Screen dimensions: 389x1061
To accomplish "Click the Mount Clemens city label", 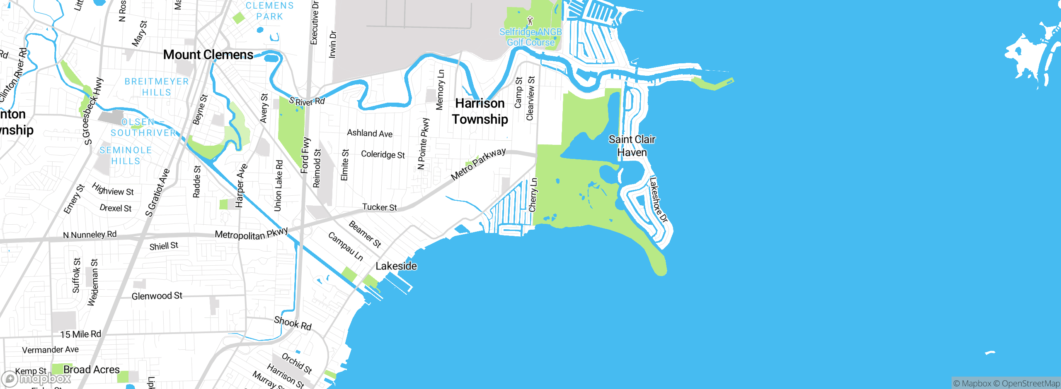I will (208, 55).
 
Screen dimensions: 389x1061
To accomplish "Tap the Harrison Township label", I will (480, 111).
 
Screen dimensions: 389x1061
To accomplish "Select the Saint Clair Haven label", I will (632, 146).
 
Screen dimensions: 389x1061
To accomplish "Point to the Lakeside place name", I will (396, 266).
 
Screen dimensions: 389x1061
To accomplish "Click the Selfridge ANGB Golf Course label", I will (530, 37).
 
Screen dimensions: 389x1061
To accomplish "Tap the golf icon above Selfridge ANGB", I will (530, 20).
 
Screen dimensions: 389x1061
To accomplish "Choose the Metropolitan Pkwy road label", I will (251, 234).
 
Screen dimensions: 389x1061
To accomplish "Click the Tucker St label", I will (380, 207).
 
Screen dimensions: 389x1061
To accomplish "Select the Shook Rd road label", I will (293, 323).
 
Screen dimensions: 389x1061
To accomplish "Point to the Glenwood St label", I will (157, 296).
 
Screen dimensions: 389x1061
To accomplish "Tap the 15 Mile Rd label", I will (80, 334).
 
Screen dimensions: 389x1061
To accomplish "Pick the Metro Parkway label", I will (478, 164).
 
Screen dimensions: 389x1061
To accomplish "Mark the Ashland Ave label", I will (370, 133).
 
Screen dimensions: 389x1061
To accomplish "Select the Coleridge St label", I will (383, 154).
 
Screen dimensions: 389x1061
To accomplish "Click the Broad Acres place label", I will (92, 370).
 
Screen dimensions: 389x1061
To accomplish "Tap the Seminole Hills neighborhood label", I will (126, 156).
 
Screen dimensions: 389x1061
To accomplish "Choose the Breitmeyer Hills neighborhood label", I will (157, 87).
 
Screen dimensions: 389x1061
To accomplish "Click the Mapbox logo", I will (36, 379).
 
